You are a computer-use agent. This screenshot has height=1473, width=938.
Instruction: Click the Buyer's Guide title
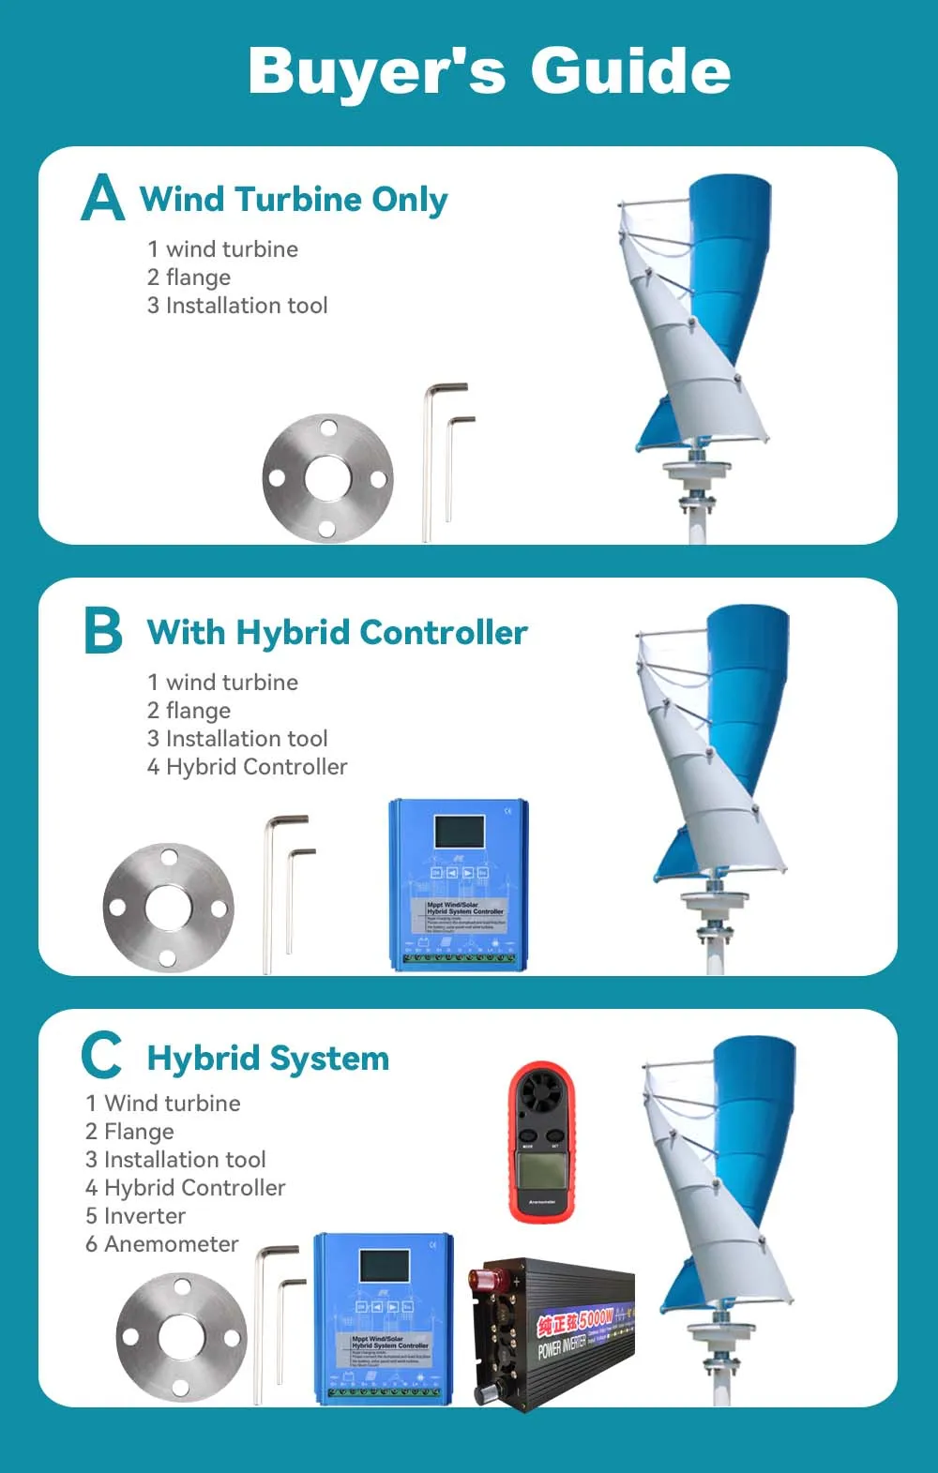pyautogui.click(x=489, y=71)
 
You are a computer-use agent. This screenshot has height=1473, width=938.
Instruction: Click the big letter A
pyautogui.click(x=102, y=199)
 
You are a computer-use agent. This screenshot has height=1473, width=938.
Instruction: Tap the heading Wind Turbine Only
pyautogui.click(x=294, y=200)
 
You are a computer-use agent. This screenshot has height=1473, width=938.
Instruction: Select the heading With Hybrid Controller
pyautogui.click(x=337, y=633)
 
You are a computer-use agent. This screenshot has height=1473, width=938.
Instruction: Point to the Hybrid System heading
pyautogui.click(x=268, y=1059)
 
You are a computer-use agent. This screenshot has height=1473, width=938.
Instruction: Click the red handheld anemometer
pyautogui.click(x=541, y=1143)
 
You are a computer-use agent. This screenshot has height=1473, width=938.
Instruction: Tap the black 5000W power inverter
pyautogui.click(x=552, y=1332)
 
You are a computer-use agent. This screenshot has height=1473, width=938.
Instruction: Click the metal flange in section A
pyautogui.click(x=327, y=478)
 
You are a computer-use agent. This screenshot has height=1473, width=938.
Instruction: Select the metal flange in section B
pyautogui.click(x=168, y=907)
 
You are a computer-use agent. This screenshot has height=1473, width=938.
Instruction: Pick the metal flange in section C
pyautogui.click(x=181, y=1336)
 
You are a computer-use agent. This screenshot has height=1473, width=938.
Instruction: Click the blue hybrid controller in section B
pyautogui.click(x=459, y=884)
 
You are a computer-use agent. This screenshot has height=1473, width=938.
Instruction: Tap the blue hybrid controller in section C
pyautogui.click(x=384, y=1317)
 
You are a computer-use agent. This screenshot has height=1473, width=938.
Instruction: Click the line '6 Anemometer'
pyautogui.click(x=161, y=1244)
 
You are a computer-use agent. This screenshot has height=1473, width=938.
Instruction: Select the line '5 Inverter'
pyautogui.click(x=135, y=1216)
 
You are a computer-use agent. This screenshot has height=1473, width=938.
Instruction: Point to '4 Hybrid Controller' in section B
pyautogui.click(x=247, y=767)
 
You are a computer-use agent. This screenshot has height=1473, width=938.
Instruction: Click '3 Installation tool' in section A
pyautogui.click(x=237, y=306)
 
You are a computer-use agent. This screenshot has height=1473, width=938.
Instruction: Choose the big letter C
pyautogui.click(x=101, y=1056)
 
